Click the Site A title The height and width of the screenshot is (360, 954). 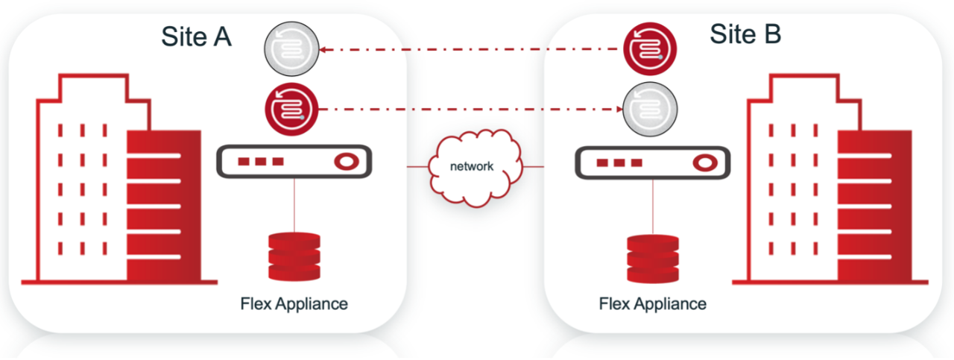[x=197, y=36]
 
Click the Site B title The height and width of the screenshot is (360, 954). [x=745, y=34]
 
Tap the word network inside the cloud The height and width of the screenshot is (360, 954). [x=472, y=166]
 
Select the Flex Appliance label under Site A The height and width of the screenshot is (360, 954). [x=294, y=304]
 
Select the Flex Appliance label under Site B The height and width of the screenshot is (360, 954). [x=653, y=304]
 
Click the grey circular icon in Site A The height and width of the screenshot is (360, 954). [x=291, y=51]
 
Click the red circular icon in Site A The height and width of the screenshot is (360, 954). [x=291, y=109]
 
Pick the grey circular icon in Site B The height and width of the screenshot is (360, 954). [x=651, y=109]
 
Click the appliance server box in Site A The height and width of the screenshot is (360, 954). [x=294, y=162]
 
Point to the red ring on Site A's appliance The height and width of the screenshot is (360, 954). [x=345, y=162]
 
